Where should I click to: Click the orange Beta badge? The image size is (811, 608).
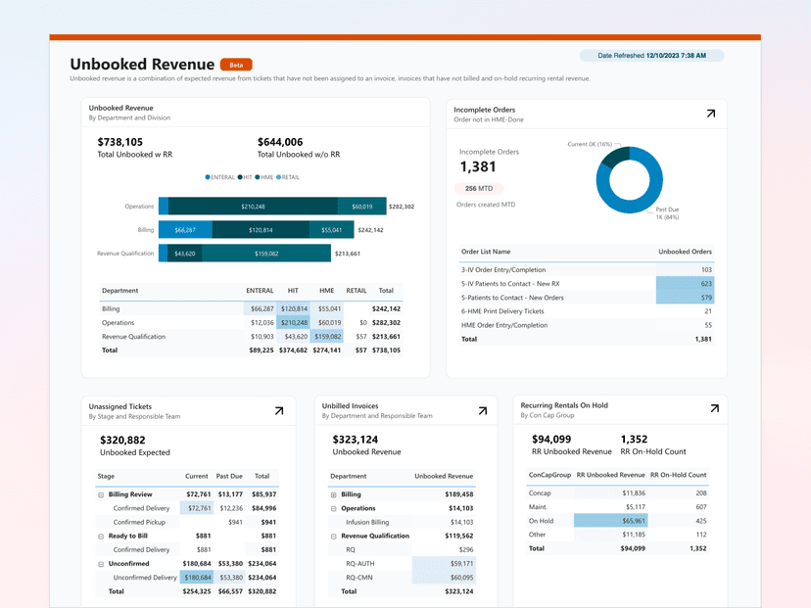pos(236,64)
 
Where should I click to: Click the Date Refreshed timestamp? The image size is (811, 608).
pos(651,56)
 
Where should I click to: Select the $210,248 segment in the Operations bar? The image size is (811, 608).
pos(253,207)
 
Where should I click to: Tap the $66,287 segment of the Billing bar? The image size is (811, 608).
pos(185,230)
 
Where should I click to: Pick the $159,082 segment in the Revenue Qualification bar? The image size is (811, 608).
pos(266,254)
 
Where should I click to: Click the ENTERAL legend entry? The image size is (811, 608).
pos(222,177)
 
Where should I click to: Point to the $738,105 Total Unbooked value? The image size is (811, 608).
pos(120,142)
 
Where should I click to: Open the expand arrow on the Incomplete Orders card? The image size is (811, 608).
pos(710,114)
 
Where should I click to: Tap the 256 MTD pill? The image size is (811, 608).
pos(478,188)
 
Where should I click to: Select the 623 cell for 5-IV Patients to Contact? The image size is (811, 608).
pos(685,283)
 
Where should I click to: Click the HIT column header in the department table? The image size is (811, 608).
pos(293,291)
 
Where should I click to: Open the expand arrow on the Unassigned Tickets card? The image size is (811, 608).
pos(278,411)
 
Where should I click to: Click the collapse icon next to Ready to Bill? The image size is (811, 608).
pos(102,537)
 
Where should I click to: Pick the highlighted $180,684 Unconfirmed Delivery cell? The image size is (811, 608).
pos(197,578)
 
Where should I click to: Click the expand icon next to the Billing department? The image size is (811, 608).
pos(334,494)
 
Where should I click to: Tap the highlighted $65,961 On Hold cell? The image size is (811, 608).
pos(609,521)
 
